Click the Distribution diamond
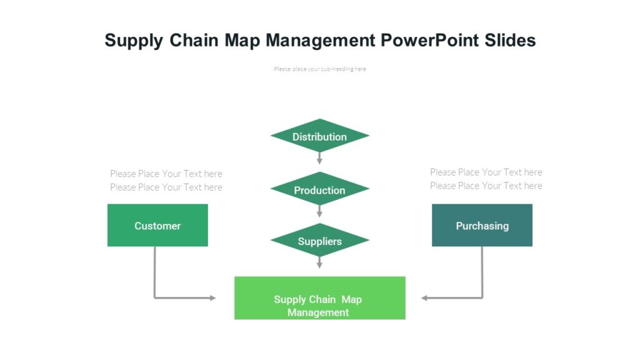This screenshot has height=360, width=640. click(319, 136)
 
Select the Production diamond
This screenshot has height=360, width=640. click(319, 190)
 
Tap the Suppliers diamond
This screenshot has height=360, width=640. click(319, 241)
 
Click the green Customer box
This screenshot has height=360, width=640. click(157, 226)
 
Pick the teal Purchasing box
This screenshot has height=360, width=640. click(482, 226)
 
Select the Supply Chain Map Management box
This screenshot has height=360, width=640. click(319, 298)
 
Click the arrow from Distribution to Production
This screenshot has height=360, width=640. click(319, 158)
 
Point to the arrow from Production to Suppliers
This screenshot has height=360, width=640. click(319, 211)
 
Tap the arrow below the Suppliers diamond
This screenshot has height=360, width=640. click(319, 262)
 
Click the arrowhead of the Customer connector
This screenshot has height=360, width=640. click(212, 298)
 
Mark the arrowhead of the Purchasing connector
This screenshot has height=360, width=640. click(425, 298)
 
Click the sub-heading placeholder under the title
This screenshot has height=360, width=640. click(319, 69)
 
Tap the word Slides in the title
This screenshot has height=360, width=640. click(510, 41)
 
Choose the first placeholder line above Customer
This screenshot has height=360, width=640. click(166, 174)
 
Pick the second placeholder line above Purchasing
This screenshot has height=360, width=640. click(486, 186)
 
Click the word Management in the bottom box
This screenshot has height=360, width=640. click(318, 312)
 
